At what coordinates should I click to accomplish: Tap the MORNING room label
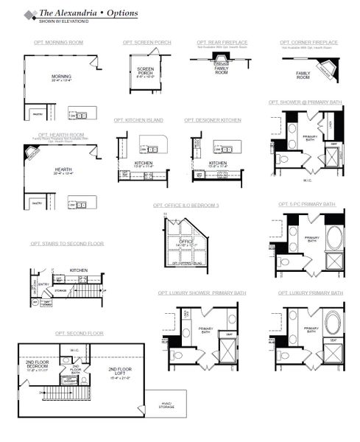pyautogui.click(x=62, y=77)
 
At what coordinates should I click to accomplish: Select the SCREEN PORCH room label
pyautogui.click(x=146, y=71)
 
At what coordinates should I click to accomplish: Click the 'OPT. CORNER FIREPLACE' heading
pyautogui.click(x=309, y=43)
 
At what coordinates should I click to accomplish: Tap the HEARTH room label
pyautogui.click(x=63, y=169)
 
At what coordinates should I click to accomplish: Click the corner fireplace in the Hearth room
pyautogui.click(x=32, y=155)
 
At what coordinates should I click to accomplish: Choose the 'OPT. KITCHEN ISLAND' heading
pyautogui.click(x=138, y=119)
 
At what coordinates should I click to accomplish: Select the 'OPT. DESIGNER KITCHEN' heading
pyautogui.click(x=212, y=119)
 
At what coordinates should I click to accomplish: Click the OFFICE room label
pyautogui.click(x=186, y=241)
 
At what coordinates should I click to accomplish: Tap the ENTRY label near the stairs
pyautogui.click(x=43, y=282)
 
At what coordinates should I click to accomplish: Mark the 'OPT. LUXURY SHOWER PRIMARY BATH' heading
pyautogui.click(x=202, y=293)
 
